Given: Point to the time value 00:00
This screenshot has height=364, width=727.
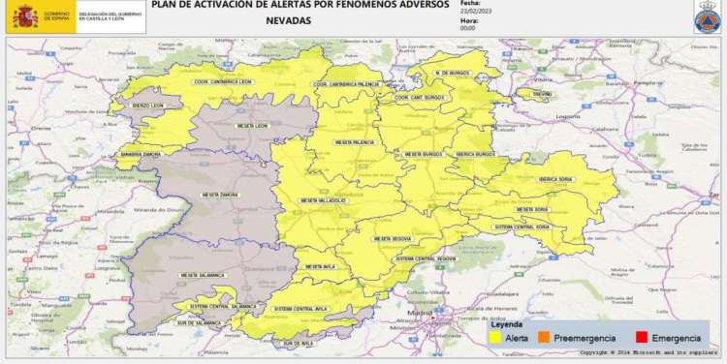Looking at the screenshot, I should click(468, 28).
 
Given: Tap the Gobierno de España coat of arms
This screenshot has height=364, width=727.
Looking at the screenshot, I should click(24, 16).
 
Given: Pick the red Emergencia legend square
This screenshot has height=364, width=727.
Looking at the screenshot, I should click(641, 339).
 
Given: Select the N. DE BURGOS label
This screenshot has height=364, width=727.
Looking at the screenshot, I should click(453, 74).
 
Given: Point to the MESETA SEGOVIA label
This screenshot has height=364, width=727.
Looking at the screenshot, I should click(388, 237).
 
